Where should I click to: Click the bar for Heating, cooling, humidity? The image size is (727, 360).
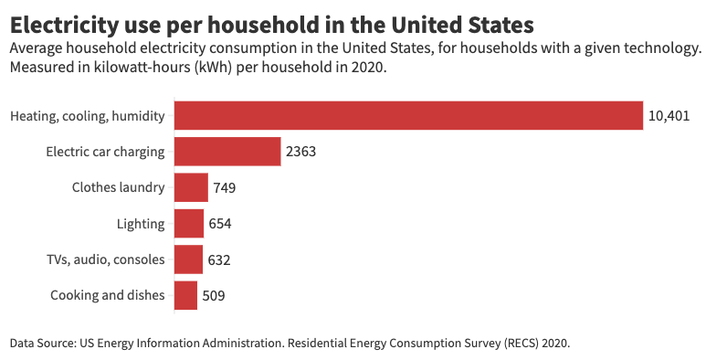coord(408,116)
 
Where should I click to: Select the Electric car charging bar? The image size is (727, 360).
coord(227,152)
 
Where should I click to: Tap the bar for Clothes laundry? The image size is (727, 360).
coord(191,187)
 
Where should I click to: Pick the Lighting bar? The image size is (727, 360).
coord(189,224)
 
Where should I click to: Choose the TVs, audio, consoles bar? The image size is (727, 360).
coord(188,259)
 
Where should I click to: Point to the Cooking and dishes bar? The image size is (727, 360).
coord(185,295)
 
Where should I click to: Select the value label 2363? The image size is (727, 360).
coord(300,152)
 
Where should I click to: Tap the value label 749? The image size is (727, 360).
coord(225,188)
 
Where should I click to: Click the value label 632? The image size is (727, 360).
coord(219,259)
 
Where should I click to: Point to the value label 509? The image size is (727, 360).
coord(214,296)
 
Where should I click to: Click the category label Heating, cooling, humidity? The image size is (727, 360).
coord(88,116)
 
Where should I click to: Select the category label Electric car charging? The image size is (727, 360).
coord(105,152)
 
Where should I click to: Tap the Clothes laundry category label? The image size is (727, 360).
coord(119,188)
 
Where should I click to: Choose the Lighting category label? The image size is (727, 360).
coord(141,224)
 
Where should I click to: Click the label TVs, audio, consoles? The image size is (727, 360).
coord(105,259)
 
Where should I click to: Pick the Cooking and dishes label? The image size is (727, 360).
coord(108,295)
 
